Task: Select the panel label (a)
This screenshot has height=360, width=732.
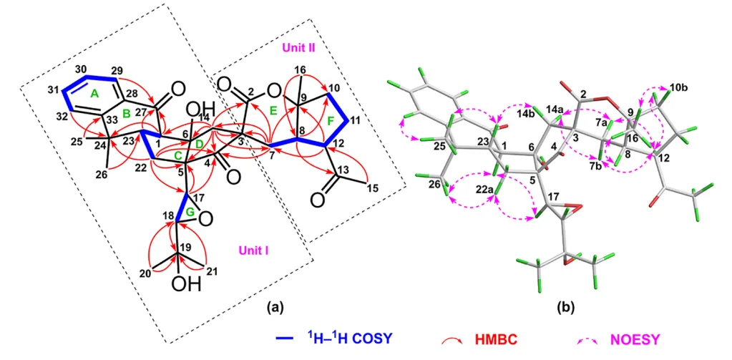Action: click(x=274, y=307)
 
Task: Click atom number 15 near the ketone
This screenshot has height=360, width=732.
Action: click(x=374, y=188)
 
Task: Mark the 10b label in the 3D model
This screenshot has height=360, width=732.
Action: click(x=678, y=87)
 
